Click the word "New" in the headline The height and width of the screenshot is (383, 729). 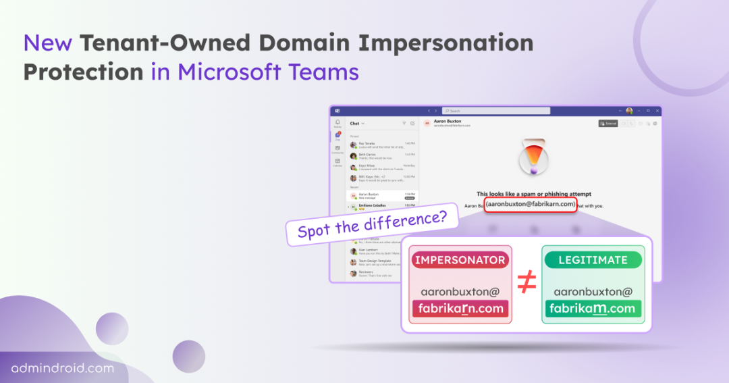click(49, 43)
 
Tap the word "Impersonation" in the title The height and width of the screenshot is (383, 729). click(446, 43)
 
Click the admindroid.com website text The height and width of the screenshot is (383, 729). click(62, 369)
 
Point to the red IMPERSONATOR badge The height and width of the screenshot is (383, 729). click(460, 260)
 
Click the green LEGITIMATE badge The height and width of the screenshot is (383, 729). click(592, 260)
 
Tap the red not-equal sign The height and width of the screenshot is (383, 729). click(526, 284)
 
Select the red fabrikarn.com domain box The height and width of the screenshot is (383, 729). click(460, 309)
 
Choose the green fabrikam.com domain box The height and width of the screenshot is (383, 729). click(592, 309)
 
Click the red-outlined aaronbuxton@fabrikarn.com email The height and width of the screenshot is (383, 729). click(530, 204)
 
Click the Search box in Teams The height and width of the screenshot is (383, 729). click(496, 111)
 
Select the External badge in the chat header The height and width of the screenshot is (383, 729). click(607, 124)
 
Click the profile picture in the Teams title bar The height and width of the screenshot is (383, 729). click(629, 111)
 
